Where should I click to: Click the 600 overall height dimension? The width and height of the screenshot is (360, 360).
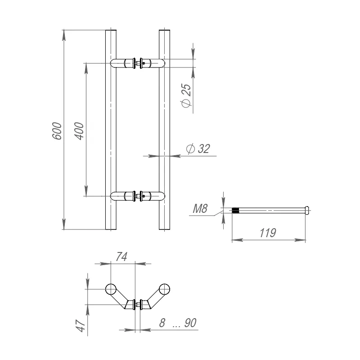pyautogui.click(x=57, y=131)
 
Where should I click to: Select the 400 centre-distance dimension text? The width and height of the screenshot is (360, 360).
pyautogui.click(x=79, y=131)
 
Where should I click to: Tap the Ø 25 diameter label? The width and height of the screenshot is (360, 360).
pyautogui.click(x=186, y=95)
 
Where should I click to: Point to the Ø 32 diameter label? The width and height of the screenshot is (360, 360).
pyautogui.click(x=198, y=148)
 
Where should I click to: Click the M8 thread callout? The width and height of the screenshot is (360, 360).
pyautogui.click(x=200, y=208)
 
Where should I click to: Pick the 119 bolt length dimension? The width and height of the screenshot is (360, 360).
pyautogui.click(x=268, y=233)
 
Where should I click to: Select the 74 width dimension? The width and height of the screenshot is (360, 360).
pyautogui.click(x=121, y=256)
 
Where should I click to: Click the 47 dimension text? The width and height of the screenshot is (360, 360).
pyautogui.click(x=81, y=325)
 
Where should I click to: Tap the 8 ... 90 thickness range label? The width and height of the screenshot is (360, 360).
pyautogui.click(x=178, y=323)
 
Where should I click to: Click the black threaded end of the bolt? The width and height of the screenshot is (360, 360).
pyautogui.click(x=235, y=210)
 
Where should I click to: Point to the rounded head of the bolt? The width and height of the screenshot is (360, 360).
pyautogui.click(x=307, y=210)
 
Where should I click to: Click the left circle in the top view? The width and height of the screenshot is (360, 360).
pyautogui.click(x=111, y=289)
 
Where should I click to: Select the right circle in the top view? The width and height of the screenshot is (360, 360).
pyautogui.click(x=164, y=289)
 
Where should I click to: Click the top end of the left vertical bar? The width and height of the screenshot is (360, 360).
pyautogui.click(x=111, y=30)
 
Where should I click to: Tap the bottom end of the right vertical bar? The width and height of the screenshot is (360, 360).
pyautogui.click(x=164, y=229)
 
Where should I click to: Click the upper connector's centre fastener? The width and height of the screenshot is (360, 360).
pyautogui.click(x=138, y=63)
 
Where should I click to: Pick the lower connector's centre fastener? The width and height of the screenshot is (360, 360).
pyautogui.click(x=138, y=196)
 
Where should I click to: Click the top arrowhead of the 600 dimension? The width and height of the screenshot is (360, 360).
pyautogui.click(x=64, y=35)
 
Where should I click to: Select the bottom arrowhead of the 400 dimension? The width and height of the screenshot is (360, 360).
pyautogui.click(x=86, y=191)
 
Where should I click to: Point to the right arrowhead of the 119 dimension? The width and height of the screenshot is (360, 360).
pyautogui.click(x=300, y=240)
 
